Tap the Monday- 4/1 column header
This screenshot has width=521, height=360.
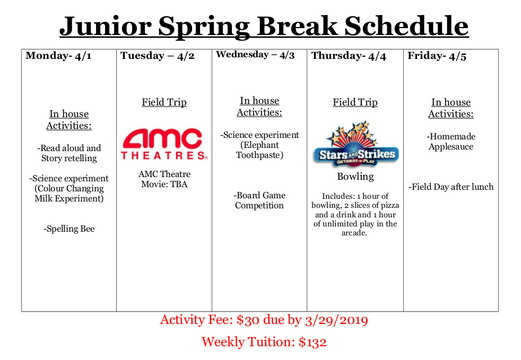[58, 56]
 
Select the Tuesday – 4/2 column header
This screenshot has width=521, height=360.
[157, 56]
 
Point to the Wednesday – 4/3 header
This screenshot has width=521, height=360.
[255, 55]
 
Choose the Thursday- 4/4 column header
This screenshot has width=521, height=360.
[349, 56]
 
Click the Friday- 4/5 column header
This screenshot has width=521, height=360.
[437, 56]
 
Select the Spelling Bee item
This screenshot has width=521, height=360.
[69, 229]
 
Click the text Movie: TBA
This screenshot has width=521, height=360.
[164, 185]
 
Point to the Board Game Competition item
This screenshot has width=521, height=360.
[259, 200]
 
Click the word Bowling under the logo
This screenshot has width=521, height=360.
[355, 177]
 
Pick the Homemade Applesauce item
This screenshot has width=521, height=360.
[451, 142]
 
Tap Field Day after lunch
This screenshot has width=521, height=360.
[451, 187]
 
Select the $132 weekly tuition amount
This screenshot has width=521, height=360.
[312, 342]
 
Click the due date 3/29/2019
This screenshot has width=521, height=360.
[336, 320]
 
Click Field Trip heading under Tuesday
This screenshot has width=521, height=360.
[164, 102]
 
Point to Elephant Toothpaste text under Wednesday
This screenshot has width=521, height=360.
[259, 150]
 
